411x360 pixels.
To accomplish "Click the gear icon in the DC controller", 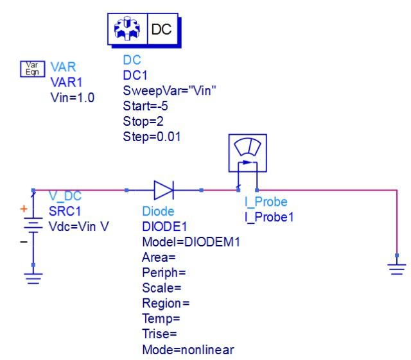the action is tap(127, 29).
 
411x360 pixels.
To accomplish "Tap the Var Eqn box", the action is tap(33, 69).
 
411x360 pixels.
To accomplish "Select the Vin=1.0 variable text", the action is tap(73, 98).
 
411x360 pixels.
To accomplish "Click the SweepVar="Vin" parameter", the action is tap(170, 90).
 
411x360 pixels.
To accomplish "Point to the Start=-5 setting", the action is tap(146, 106).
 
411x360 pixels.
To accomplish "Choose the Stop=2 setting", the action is tap(143, 121).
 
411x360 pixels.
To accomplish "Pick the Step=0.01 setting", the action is tap(152, 137).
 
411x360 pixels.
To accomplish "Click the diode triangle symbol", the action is tap(164, 190).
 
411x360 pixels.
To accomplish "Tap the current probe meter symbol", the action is tap(248, 153).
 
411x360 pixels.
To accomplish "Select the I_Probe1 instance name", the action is tap(269, 217).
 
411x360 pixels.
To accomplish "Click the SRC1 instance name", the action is tap(65, 211).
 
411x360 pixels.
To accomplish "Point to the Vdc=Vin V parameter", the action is tap(78, 227).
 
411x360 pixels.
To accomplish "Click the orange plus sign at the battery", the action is tap(24, 209).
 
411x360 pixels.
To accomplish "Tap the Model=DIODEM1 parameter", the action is tap(191, 242).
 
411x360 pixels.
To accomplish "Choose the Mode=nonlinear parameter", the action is tap(188, 350).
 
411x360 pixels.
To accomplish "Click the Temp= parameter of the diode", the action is tap(161, 319).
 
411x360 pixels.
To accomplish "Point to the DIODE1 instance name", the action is tap(164, 227).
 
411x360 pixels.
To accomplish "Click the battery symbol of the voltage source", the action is tap(33, 225).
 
